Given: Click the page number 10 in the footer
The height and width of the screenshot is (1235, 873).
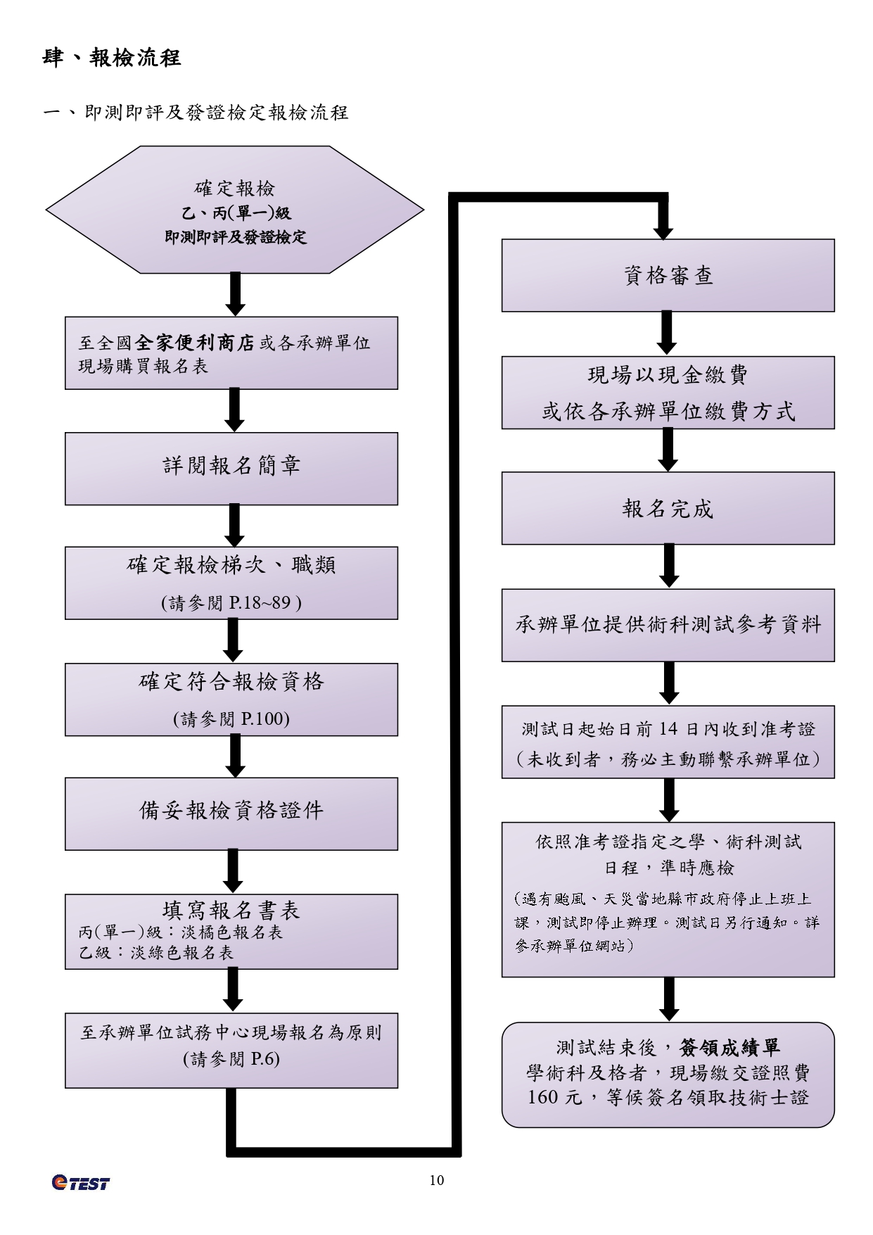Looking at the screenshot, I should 436,1180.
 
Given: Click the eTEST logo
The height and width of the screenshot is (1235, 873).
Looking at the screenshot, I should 81,1183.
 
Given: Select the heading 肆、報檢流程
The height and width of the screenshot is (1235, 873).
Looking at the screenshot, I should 112,58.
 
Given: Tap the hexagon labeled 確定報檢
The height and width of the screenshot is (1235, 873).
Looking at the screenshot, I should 235,210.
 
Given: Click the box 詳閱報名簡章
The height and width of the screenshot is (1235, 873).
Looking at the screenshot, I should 231,468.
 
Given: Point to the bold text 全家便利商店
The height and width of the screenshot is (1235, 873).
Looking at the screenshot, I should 195,343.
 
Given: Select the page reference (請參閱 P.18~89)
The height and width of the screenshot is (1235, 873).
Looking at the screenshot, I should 231,603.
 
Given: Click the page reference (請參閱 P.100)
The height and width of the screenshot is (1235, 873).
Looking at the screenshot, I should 231,718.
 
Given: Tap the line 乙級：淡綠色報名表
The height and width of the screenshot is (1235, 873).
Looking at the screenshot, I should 156,953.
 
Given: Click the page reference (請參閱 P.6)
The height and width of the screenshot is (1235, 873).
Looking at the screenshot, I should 231,1059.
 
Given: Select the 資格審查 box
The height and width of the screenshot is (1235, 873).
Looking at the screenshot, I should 668,275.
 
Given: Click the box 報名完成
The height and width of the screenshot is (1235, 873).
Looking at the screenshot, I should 668,508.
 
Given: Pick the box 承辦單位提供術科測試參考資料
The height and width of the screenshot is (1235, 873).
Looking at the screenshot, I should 668,625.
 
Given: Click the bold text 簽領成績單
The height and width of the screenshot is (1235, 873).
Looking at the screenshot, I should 730,1048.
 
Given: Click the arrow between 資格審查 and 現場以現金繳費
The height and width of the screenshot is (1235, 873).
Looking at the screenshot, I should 667,333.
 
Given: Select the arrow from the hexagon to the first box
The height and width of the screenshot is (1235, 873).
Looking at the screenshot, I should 236,294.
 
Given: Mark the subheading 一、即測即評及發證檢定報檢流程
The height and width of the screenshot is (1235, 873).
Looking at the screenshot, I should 196,113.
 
